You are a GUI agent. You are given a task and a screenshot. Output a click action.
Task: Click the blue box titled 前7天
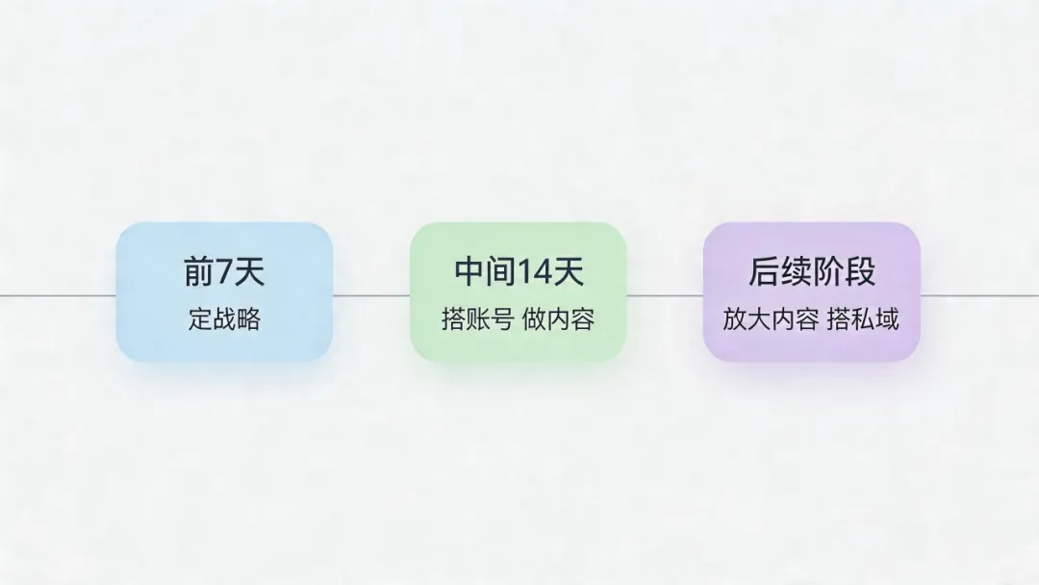click(224, 292)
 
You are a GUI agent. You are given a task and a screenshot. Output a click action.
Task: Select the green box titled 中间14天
click(519, 292)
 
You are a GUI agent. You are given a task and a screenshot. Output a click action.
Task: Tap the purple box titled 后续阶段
click(811, 292)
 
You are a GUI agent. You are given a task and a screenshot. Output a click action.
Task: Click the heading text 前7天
click(224, 273)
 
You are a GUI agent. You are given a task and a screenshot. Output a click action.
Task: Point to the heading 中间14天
click(519, 273)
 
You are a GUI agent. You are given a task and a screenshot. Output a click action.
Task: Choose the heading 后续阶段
click(811, 273)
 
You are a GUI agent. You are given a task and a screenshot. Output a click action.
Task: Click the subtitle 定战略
click(224, 319)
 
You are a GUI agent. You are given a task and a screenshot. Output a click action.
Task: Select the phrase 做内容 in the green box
click(559, 319)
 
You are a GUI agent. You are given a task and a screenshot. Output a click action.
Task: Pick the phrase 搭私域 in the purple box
click(863, 319)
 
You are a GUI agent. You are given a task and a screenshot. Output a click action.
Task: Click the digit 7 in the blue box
click(221, 273)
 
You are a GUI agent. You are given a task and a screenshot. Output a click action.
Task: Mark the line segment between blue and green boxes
click(371, 295)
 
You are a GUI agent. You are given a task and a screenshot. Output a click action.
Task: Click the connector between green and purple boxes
click(665, 295)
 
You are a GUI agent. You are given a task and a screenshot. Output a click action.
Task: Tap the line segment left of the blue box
click(58, 295)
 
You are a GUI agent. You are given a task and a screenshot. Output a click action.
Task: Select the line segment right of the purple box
click(979, 295)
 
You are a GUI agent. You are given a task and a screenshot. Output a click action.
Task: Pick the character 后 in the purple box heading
click(763, 273)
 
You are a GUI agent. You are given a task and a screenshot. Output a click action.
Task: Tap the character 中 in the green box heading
click(469, 273)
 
